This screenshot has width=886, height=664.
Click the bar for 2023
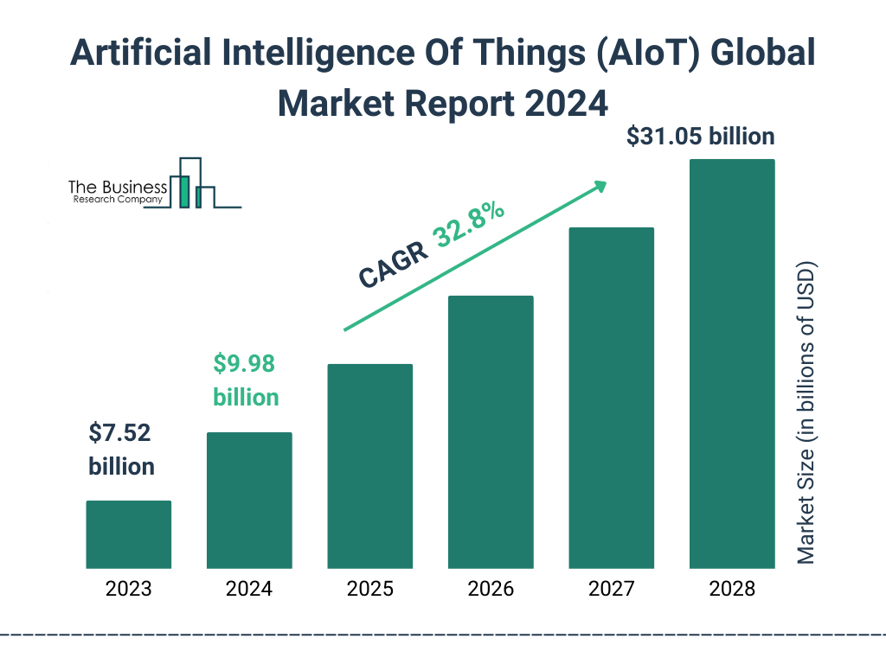click(x=128, y=534)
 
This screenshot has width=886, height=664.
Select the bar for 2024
click(x=249, y=501)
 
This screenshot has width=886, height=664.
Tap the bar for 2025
click(x=369, y=466)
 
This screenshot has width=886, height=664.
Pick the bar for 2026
click(x=490, y=432)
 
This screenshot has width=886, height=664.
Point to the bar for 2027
click(x=611, y=398)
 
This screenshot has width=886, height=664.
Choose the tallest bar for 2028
click(x=731, y=364)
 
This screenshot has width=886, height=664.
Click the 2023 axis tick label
click(x=128, y=590)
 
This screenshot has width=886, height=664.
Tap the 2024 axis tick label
click(x=249, y=590)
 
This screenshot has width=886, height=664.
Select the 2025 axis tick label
click(x=369, y=590)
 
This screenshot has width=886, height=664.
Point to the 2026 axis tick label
click(x=490, y=590)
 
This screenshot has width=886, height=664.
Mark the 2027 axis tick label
click(x=611, y=590)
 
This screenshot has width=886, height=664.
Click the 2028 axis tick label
click(x=731, y=590)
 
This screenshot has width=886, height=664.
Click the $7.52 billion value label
click(x=121, y=450)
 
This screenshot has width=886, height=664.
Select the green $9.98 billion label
click(x=246, y=380)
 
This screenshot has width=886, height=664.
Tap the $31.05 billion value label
click(x=700, y=136)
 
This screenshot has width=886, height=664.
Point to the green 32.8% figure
click(x=470, y=226)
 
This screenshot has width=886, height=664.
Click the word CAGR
click(x=394, y=265)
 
